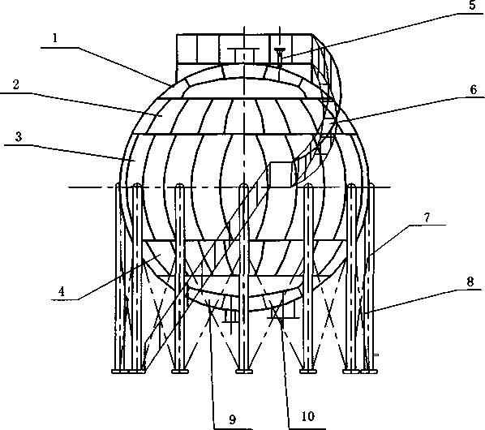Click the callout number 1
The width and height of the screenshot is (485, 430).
click(55, 38)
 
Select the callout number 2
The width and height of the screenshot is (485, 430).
click(15, 84)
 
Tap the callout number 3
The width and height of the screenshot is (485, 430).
click(19, 136)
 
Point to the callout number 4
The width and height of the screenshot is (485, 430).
click(62, 291)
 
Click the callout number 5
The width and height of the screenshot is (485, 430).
click(472, 5)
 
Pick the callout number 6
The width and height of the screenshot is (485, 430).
click(474, 90)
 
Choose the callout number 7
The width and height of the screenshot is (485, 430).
click(427, 217)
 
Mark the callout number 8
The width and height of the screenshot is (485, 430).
click(470, 282)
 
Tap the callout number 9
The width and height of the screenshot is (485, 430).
click(233, 419)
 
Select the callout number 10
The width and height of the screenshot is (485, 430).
click(307, 416)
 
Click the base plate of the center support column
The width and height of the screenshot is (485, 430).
click(244, 371)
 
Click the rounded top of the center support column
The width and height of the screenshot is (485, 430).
click(244, 186)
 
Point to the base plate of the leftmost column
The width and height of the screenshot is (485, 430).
click(120, 371)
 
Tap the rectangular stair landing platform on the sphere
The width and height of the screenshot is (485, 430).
click(281, 174)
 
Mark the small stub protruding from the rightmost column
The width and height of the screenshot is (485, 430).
click(376, 355)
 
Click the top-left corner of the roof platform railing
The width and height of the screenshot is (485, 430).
click(177, 34)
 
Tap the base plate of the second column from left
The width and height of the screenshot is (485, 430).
click(137, 371)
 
